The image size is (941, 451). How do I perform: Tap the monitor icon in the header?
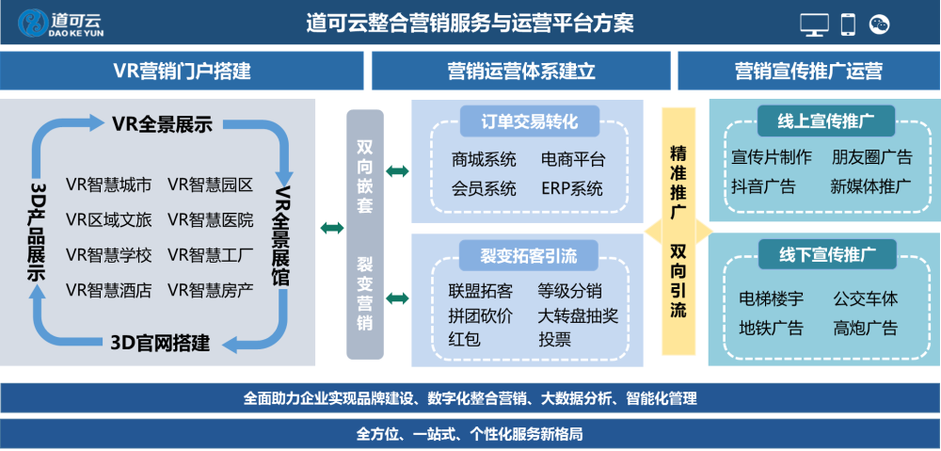click(814, 24)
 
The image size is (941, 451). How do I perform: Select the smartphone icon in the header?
click(848, 24)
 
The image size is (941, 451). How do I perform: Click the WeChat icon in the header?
click(879, 24)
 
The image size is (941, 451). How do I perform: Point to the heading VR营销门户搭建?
click(182, 71)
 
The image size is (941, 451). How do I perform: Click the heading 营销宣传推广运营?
click(808, 71)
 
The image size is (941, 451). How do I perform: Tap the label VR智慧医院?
click(211, 220)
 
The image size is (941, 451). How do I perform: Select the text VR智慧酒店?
click(109, 290)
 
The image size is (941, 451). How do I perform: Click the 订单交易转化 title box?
click(528, 121)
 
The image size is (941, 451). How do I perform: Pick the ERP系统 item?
click(572, 187)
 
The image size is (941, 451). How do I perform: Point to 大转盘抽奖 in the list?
click(578, 315)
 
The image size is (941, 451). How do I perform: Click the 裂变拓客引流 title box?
click(528, 253)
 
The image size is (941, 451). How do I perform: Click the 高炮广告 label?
click(865, 328)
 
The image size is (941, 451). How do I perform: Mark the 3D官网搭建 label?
click(160, 342)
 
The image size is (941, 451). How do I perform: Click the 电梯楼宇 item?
click(771, 299)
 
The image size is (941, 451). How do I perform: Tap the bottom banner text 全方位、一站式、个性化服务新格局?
click(470, 434)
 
